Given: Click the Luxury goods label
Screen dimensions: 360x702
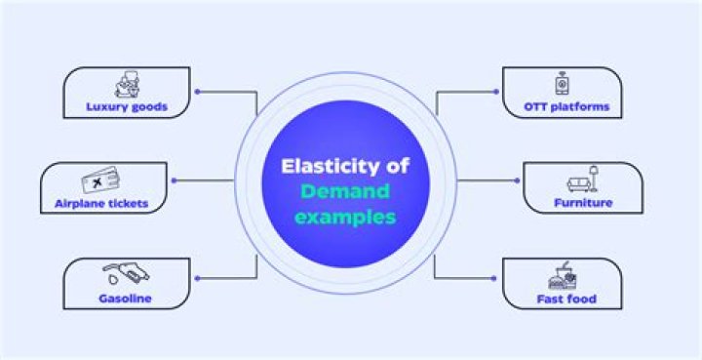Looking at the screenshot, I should click(x=126, y=106).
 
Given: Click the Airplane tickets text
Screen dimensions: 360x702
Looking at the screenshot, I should click(x=101, y=203).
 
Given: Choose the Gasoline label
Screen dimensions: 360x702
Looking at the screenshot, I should click(x=125, y=299).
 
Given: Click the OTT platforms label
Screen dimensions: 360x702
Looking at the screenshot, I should click(x=566, y=106).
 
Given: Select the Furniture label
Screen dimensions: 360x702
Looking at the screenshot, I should click(x=583, y=203).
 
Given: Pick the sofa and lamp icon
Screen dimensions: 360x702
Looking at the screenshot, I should click(x=581, y=181).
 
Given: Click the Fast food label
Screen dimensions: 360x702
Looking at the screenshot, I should click(x=565, y=299).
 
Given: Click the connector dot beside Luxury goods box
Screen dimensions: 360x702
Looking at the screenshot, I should click(x=198, y=92).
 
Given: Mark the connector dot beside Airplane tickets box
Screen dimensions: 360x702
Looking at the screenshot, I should click(x=175, y=180).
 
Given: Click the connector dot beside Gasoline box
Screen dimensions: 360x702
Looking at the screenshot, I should click(x=198, y=278).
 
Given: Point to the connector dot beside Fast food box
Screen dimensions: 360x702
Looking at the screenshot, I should click(x=497, y=278).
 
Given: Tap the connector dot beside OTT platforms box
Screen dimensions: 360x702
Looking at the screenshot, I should click(x=497, y=92).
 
